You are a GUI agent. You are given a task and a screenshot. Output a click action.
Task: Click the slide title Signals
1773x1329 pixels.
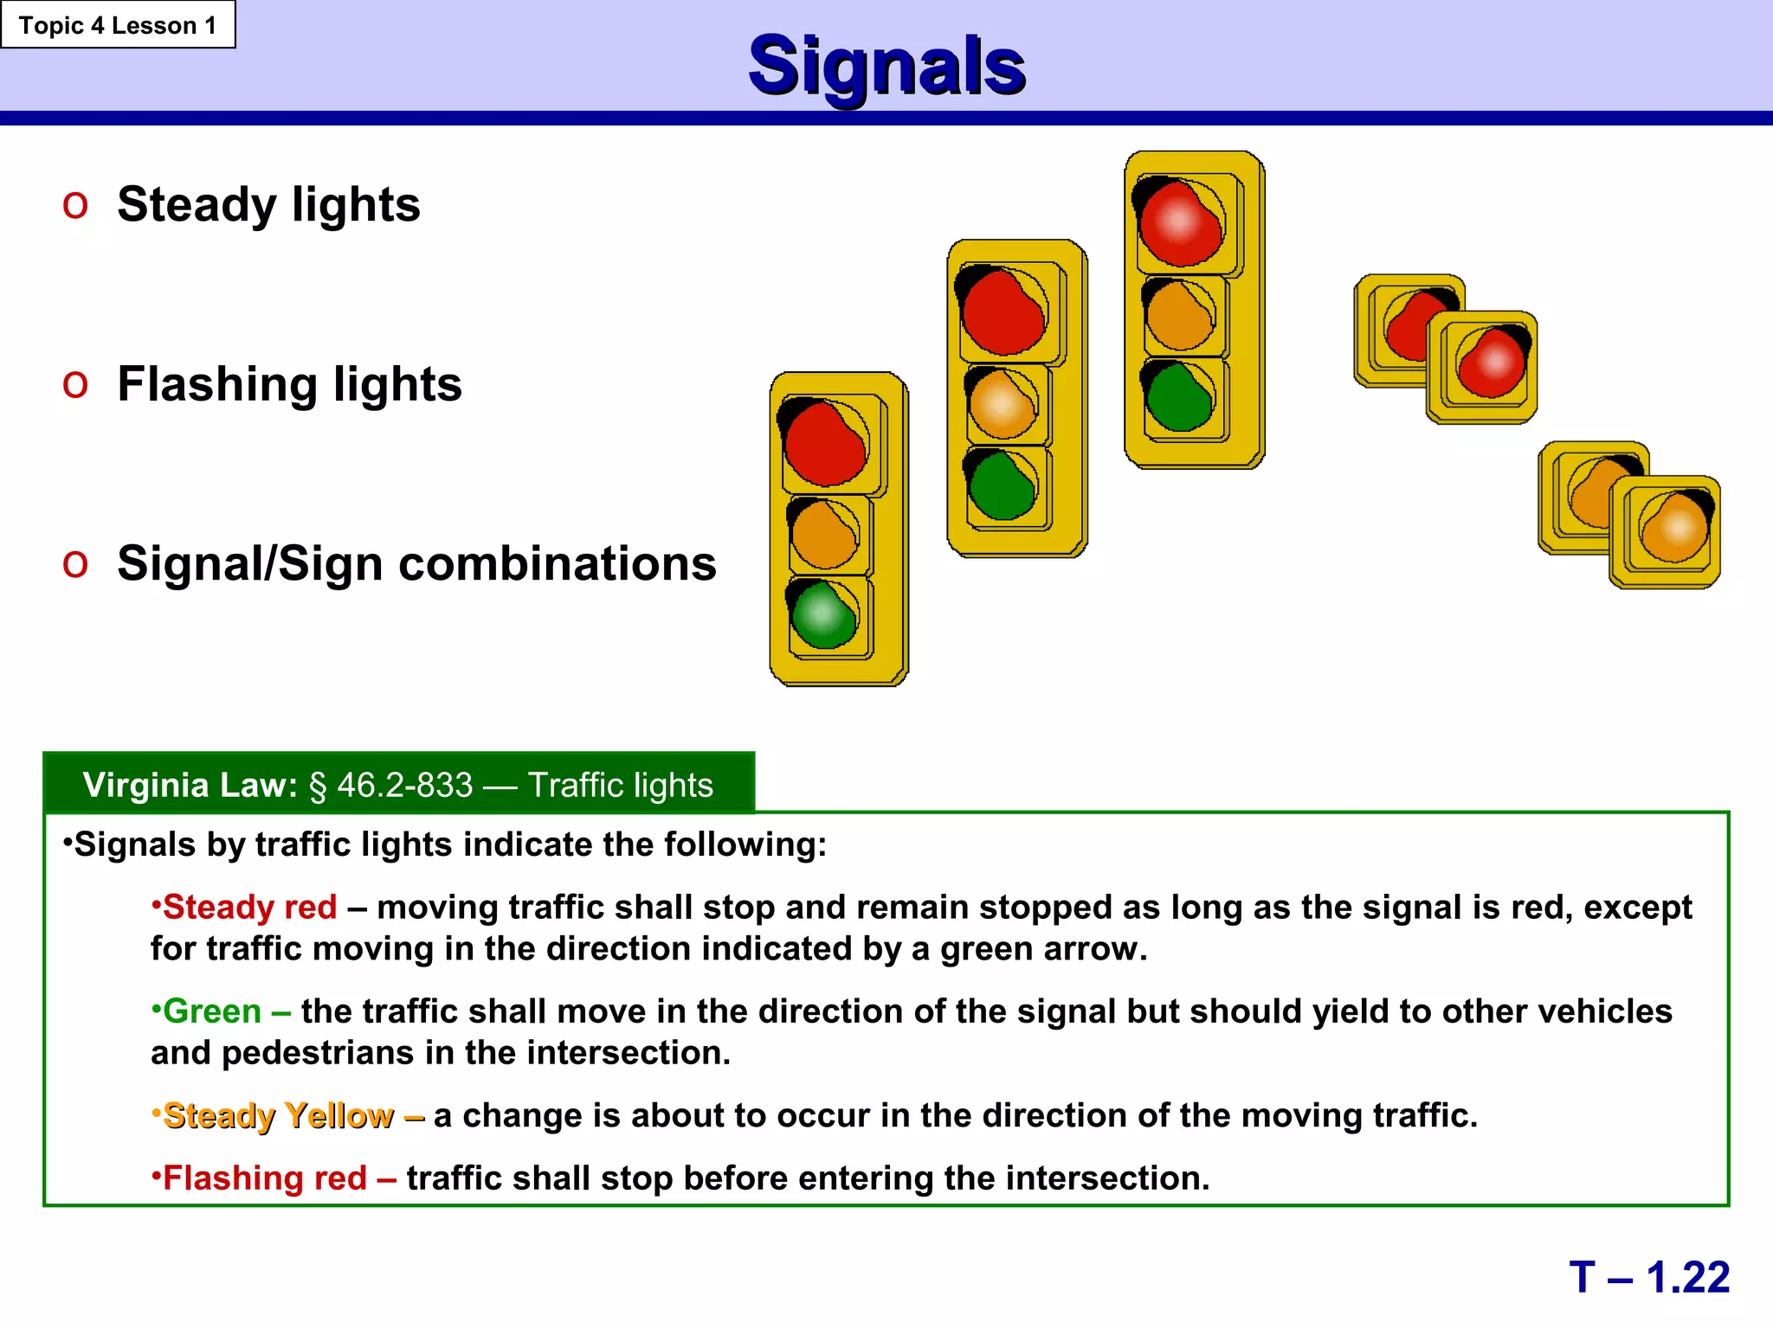(x=886, y=67)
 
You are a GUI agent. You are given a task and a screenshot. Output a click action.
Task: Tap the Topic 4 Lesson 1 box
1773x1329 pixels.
(x=118, y=25)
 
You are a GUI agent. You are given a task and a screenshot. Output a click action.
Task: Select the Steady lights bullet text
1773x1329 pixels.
(x=268, y=205)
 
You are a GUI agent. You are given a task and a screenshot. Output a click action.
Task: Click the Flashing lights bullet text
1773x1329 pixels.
(x=289, y=384)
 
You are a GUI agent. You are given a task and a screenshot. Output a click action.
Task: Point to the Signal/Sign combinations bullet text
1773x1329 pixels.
(x=416, y=564)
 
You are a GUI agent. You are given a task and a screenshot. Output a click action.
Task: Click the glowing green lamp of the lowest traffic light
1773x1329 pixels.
(x=823, y=615)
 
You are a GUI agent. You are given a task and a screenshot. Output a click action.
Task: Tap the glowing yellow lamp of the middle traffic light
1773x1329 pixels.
(x=1001, y=405)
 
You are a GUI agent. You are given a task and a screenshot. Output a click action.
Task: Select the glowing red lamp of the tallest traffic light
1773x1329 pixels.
(x=1179, y=223)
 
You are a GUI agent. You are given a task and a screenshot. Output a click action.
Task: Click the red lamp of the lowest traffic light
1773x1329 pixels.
(x=825, y=445)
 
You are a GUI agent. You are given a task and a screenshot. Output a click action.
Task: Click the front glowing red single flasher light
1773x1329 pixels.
(x=1492, y=363)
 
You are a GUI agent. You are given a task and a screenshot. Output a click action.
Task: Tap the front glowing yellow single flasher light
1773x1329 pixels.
(x=1674, y=528)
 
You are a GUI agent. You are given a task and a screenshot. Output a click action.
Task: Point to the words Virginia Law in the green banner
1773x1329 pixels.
(x=190, y=786)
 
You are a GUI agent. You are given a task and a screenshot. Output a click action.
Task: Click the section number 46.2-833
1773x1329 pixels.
(x=404, y=786)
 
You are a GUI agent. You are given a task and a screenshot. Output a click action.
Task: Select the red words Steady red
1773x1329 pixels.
(x=249, y=908)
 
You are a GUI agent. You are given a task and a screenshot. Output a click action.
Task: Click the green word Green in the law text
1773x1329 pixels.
(x=212, y=1011)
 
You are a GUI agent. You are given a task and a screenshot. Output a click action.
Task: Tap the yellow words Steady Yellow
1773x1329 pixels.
(x=278, y=1116)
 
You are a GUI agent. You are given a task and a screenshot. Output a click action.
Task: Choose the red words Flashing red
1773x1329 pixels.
(x=265, y=1178)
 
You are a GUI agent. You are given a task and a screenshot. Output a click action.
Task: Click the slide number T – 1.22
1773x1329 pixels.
(x=1648, y=1277)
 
